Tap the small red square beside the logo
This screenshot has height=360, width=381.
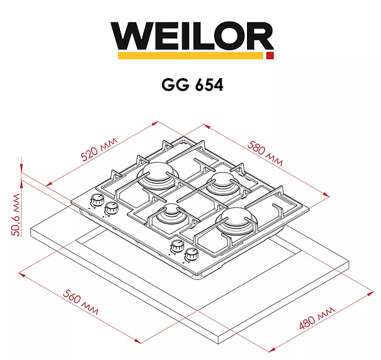[270, 57]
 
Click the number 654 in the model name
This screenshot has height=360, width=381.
[206, 85]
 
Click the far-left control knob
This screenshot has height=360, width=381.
[97, 201]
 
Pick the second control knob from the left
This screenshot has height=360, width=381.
[112, 208]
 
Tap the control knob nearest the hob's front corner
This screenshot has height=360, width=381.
[190, 255]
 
